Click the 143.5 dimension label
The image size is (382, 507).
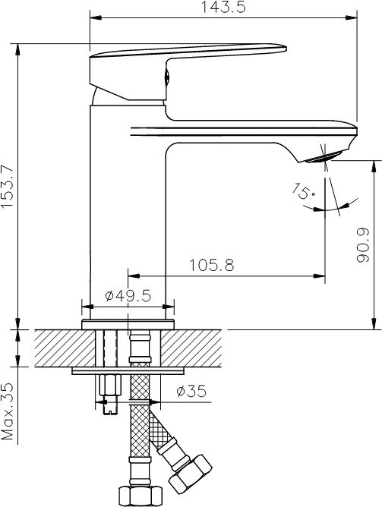click(x=223, y=7)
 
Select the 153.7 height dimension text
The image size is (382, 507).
click(x=8, y=187)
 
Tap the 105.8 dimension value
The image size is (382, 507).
click(x=212, y=265)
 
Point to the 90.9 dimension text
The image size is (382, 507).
click(x=362, y=244)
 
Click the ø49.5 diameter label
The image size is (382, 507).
click(x=128, y=295)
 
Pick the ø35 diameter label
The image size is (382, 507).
click(x=191, y=391)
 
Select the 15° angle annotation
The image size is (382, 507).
click(x=304, y=191)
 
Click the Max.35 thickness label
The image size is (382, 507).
click(x=8, y=411)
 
